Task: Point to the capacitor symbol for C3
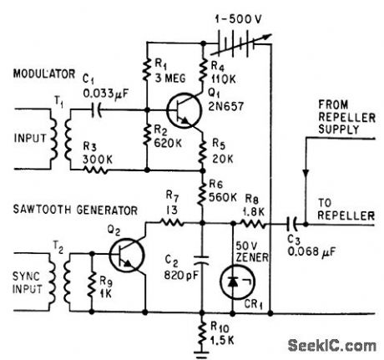pyautogui.click(x=292, y=224)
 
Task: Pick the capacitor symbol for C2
pyautogui.click(x=201, y=256)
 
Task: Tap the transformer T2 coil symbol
pyautogui.click(x=66, y=276)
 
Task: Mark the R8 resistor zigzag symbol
pyautogui.click(x=250, y=224)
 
